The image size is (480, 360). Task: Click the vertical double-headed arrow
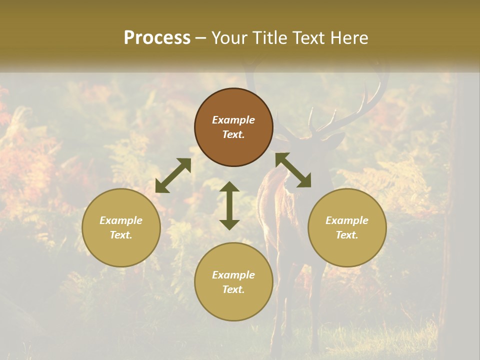229,205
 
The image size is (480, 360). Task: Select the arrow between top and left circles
173,175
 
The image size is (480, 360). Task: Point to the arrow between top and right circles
293,170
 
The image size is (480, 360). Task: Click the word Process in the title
157,38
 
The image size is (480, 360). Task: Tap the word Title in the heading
269,38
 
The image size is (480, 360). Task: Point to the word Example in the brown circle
233,120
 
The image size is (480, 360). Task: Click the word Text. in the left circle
121,235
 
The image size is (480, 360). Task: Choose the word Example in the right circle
347,220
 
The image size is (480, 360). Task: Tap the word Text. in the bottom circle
233,289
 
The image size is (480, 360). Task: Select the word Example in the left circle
121,220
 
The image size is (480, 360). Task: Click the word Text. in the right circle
347,235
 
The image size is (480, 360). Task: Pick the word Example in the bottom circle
233,275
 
